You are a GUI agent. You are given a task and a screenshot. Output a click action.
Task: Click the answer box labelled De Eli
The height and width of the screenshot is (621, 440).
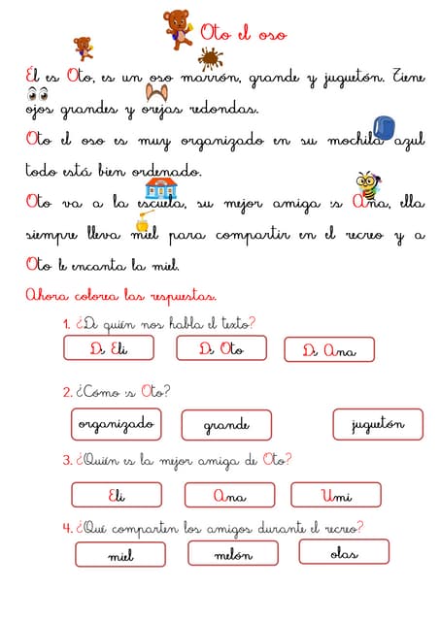[x=109, y=348]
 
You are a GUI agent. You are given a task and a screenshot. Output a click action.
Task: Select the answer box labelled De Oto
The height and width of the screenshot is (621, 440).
[x=220, y=348]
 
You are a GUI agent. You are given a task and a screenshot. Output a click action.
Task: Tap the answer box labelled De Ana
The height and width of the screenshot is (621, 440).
[x=329, y=349]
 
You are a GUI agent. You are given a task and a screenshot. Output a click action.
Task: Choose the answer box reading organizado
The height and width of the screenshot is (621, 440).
[x=115, y=424]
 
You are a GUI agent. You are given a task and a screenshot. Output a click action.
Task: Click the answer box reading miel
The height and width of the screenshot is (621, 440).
[x=120, y=555]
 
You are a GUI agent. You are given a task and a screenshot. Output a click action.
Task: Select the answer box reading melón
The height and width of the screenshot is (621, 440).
[x=233, y=554]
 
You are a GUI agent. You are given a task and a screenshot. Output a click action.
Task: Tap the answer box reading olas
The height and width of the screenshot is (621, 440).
[x=344, y=553]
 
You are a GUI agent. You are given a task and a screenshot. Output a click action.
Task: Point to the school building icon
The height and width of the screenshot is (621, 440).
[x=159, y=187]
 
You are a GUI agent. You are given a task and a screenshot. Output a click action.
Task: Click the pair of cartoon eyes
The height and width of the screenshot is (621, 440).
[x=37, y=94]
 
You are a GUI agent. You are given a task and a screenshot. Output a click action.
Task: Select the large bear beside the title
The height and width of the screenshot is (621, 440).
[x=177, y=29]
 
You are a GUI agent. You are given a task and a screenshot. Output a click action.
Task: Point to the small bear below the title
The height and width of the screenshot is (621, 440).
[x=83, y=47]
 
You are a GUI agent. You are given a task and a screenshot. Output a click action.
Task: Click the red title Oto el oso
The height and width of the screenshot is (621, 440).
[x=243, y=34]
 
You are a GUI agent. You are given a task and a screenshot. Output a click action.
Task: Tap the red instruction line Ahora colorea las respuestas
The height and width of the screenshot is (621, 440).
[x=120, y=295]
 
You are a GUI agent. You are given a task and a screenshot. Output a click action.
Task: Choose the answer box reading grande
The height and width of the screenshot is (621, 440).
[x=226, y=425]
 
